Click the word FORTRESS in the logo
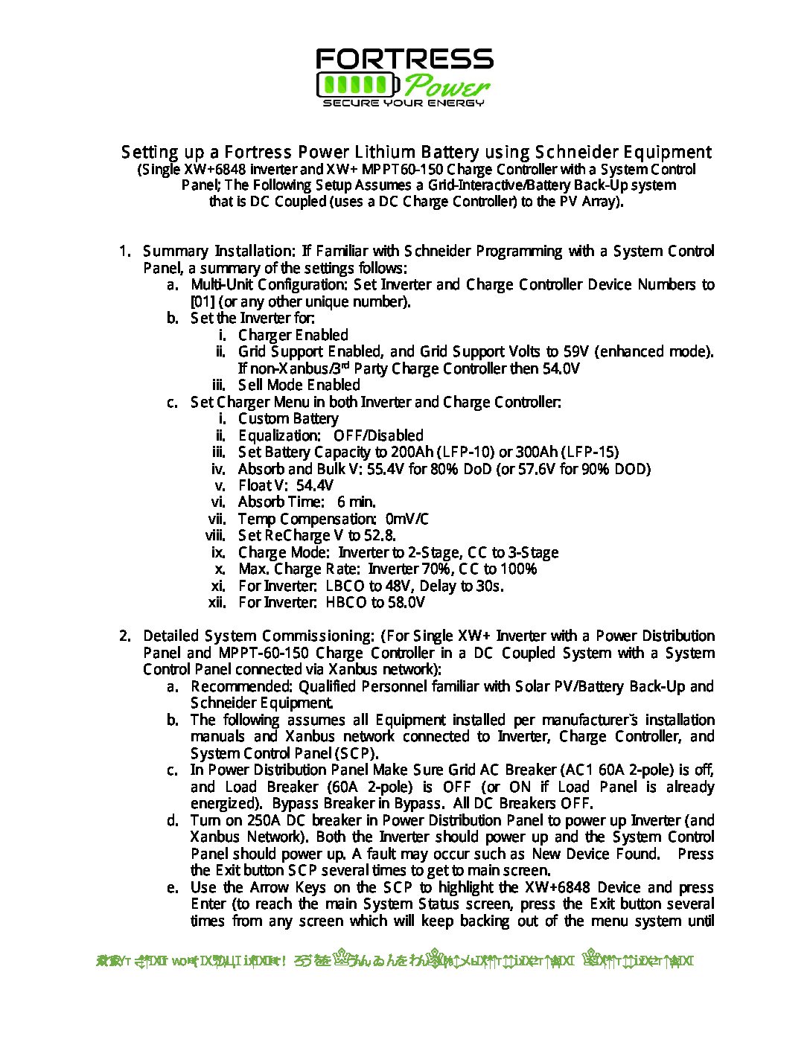(x=404, y=59)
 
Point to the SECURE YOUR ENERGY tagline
(x=404, y=103)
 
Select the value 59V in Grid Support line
(x=575, y=351)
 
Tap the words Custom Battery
(x=288, y=418)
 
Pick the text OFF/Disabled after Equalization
(x=378, y=435)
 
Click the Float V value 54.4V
(x=315, y=485)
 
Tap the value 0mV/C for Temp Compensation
(x=407, y=519)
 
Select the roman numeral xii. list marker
(x=217, y=602)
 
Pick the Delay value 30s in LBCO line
(x=490, y=586)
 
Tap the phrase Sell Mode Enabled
(x=299, y=385)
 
